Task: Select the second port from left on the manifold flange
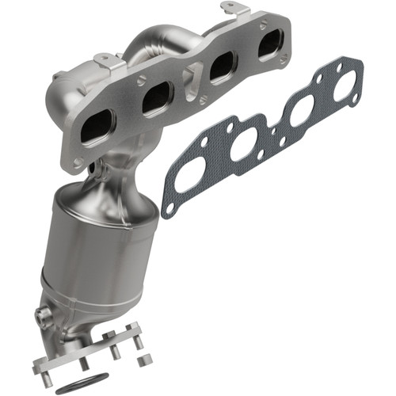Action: (x=158, y=98)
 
